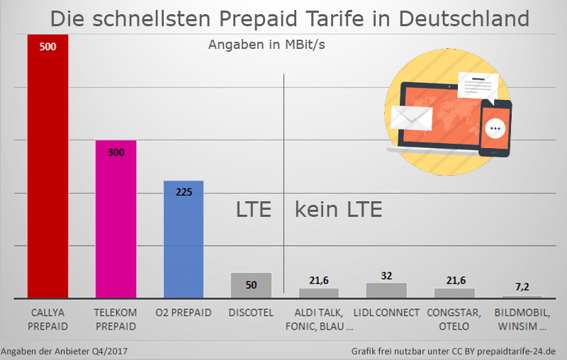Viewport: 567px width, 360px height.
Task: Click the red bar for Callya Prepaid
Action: (x=47, y=170)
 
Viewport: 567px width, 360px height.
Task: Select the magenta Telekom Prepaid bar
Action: (x=116, y=220)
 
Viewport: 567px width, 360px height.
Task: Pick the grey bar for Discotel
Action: (x=251, y=285)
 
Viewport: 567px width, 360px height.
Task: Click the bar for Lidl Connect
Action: (x=386, y=290)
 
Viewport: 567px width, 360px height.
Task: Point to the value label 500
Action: (x=48, y=47)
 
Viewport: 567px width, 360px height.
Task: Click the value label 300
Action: (x=116, y=152)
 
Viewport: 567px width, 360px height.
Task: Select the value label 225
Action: (x=184, y=192)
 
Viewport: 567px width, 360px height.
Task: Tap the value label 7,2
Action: (x=522, y=287)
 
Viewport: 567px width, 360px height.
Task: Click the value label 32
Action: (x=386, y=275)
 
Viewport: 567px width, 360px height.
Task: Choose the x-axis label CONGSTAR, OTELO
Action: (x=454, y=319)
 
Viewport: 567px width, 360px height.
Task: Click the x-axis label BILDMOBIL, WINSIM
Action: (x=522, y=319)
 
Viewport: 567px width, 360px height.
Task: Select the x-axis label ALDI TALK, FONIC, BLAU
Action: (x=319, y=319)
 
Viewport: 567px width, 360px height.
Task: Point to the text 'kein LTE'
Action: (x=338, y=210)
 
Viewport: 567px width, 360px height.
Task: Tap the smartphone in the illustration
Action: (x=495, y=128)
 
